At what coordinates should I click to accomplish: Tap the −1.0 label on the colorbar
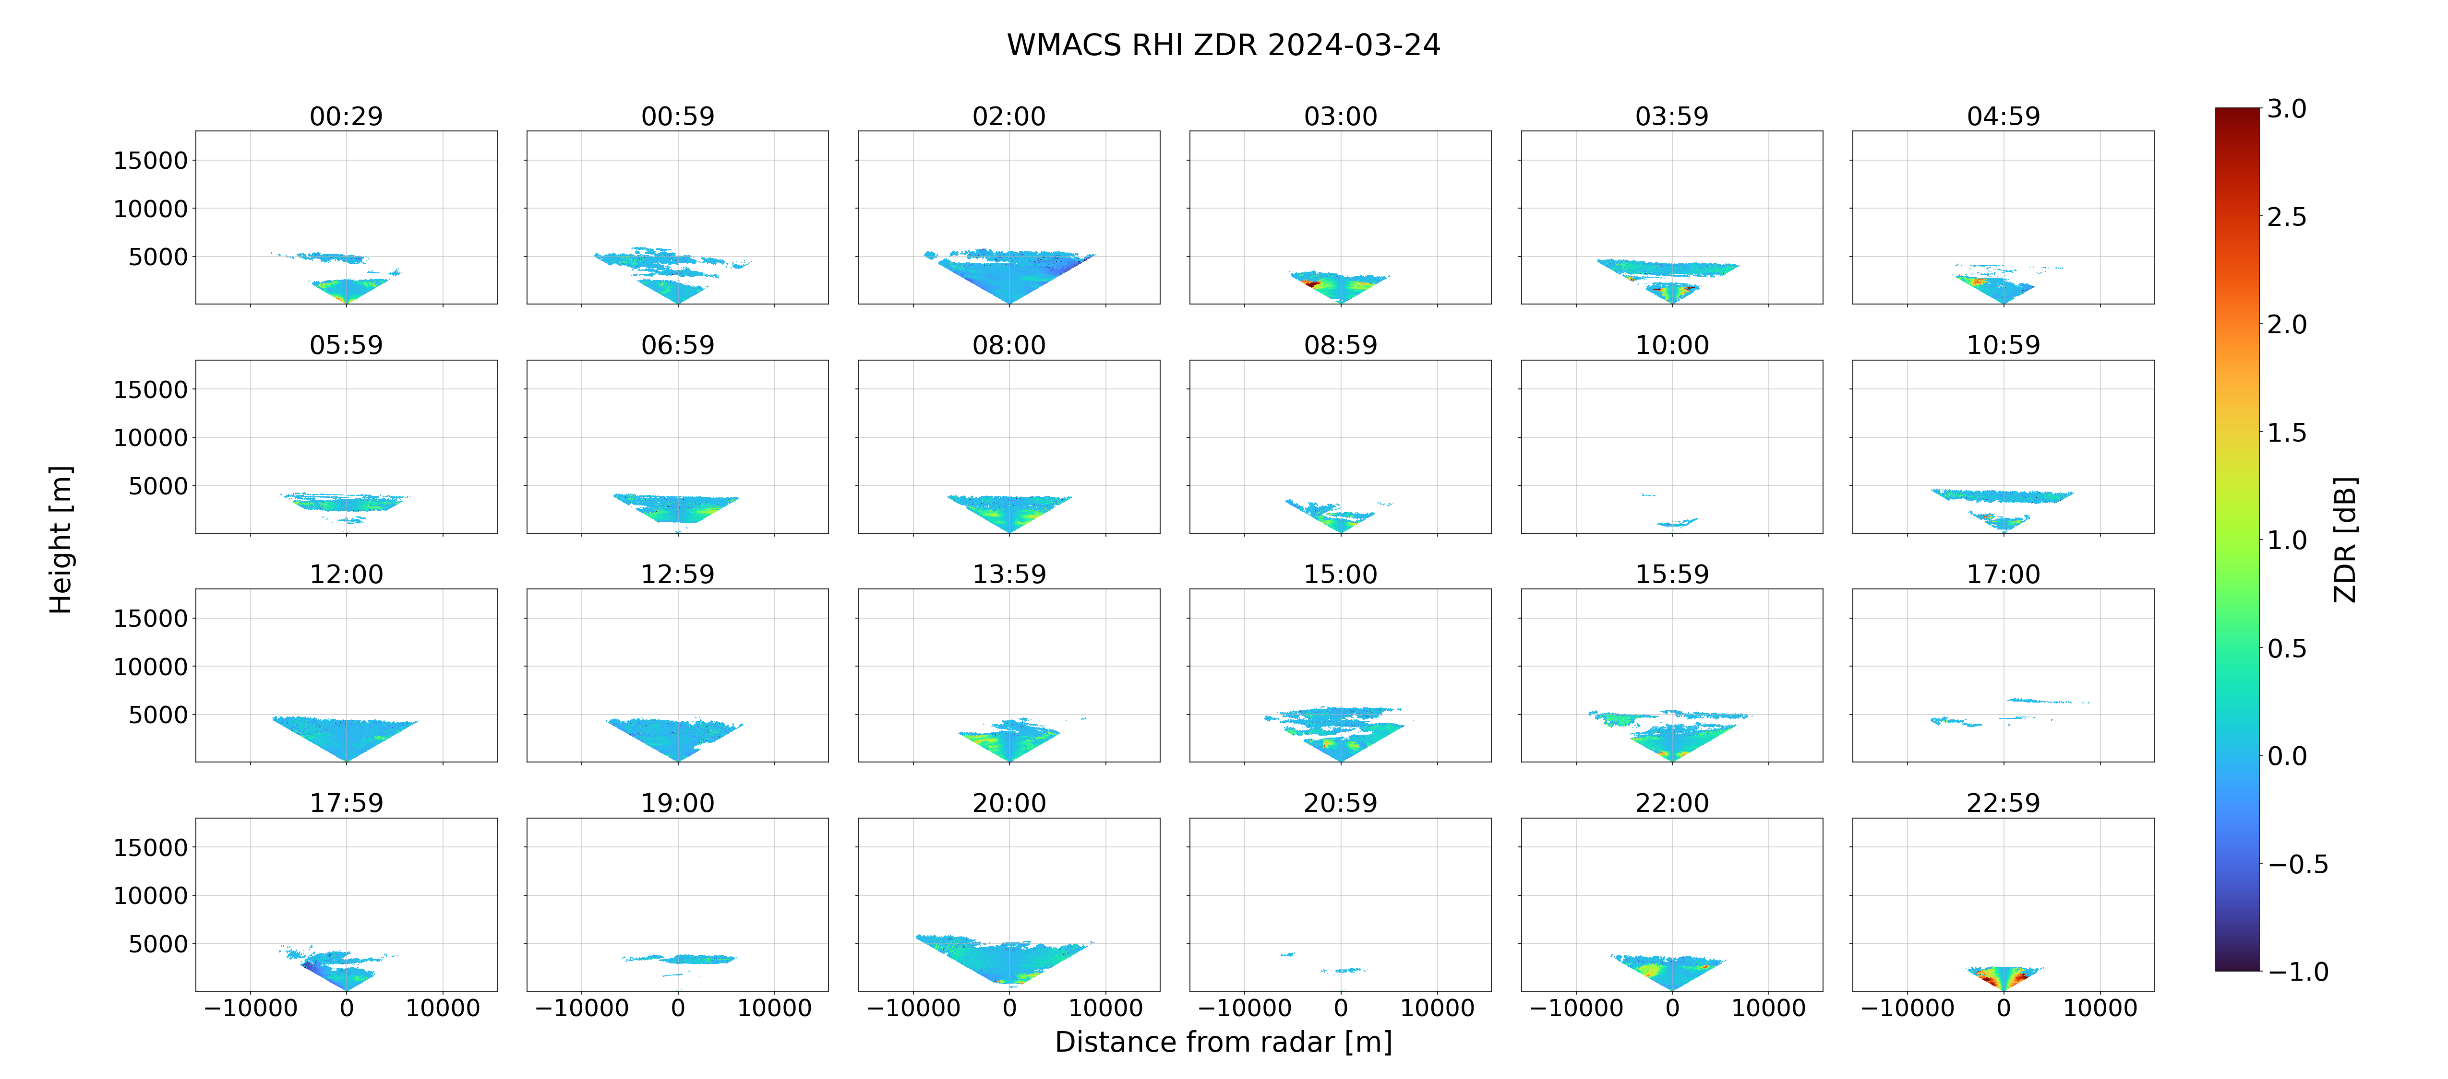pos(2298,972)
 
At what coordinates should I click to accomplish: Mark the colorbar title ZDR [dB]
pos(2345,539)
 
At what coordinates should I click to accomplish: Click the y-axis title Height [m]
pos(61,539)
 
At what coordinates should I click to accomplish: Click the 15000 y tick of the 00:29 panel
pos(150,161)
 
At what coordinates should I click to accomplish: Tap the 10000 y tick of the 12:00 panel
pos(150,667)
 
